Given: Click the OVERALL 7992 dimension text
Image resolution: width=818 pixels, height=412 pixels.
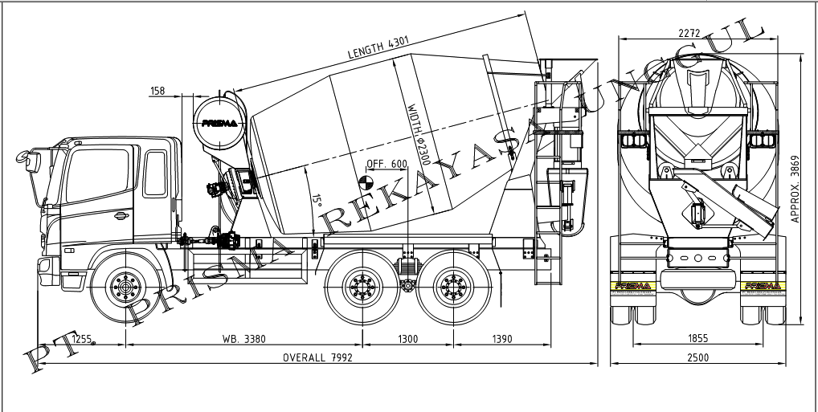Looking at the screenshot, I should point(317,357).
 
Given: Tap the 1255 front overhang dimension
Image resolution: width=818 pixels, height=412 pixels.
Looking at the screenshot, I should point(82,339).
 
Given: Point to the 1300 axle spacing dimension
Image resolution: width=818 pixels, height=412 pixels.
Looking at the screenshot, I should point(407,339).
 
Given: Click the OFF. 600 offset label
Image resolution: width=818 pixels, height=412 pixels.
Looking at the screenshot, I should point(387,164).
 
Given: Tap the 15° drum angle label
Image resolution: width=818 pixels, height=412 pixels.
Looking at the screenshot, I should point(317,199).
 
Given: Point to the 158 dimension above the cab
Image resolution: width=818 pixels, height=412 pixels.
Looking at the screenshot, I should point(157,91).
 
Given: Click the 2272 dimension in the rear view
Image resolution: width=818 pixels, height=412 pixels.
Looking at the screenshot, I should point(689,34).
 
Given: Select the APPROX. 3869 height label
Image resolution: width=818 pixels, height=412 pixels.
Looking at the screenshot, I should point(796,189).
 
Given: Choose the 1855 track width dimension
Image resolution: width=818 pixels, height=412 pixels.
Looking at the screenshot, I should point(697,339).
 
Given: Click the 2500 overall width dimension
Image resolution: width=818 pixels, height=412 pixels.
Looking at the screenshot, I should point(697,357).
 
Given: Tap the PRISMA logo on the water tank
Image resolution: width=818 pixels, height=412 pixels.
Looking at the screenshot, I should point(219,123).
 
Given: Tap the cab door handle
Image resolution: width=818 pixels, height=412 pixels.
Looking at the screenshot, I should point(121,214).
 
